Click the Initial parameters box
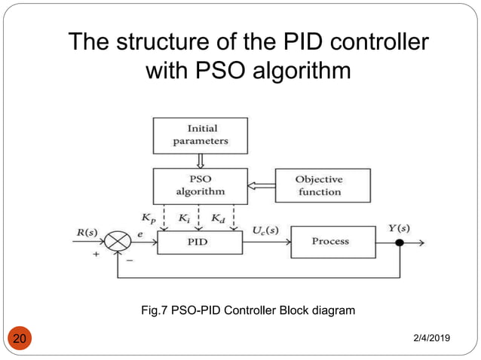[x=200, y=135]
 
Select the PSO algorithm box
[x=200, y=185]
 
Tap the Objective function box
[x=322, y=185]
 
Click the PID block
[x=200, y=242]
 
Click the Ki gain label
[x=185, y=218]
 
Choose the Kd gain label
[x=217, y=218]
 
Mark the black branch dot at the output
[x=400, y=243]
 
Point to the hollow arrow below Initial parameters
[x=200, y=160]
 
